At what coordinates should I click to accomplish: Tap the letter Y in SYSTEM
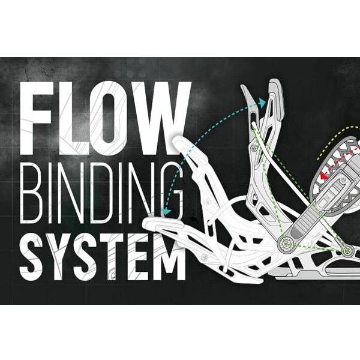[62, 256]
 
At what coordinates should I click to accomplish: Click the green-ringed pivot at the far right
[347, 250]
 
